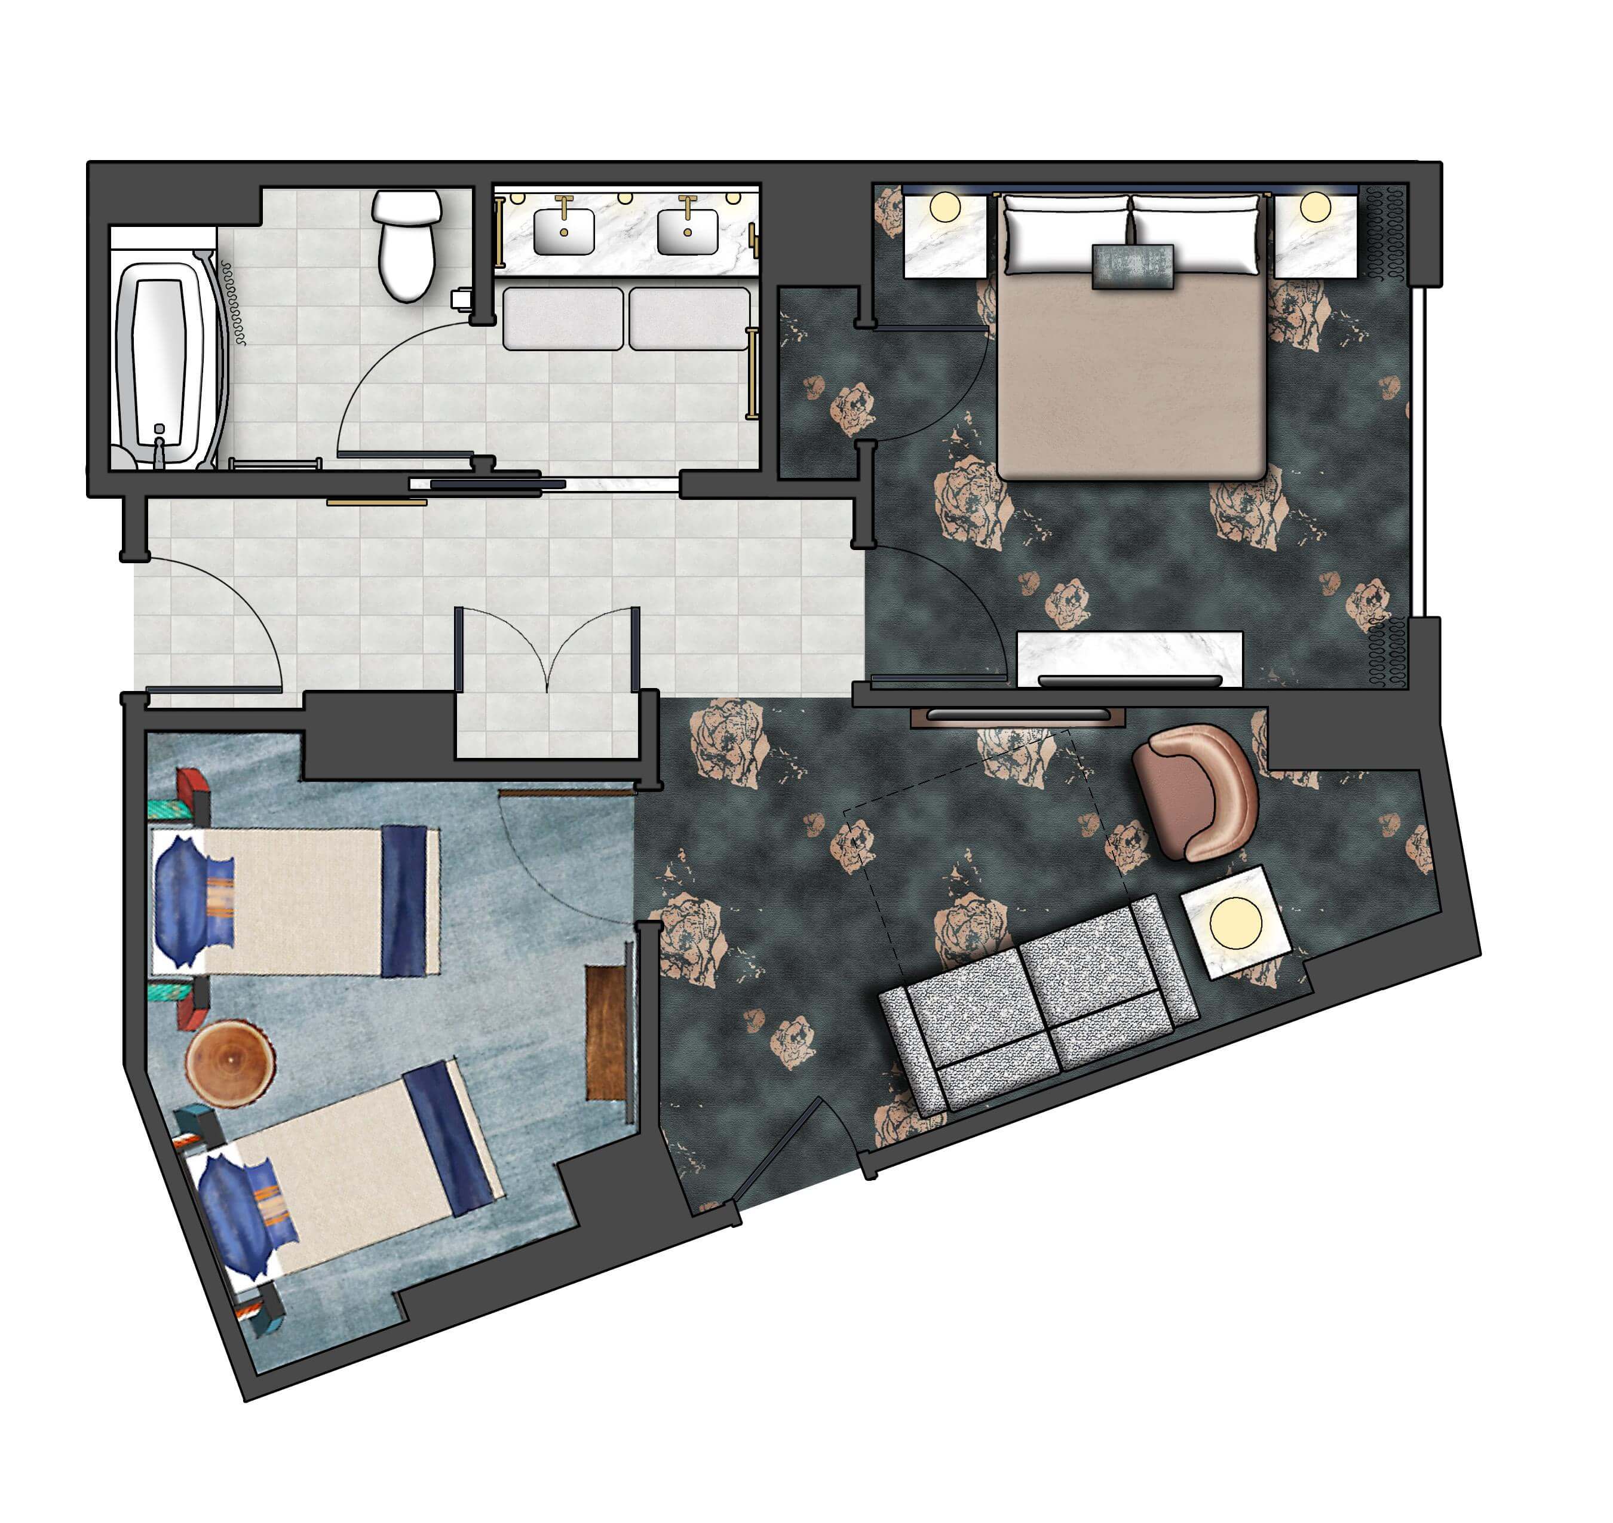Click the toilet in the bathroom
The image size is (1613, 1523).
click(407, 244)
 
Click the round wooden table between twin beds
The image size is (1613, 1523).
click(230, 1063)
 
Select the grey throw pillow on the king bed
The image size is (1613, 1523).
click(1132, 265)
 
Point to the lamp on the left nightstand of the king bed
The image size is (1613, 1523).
click(945, 207)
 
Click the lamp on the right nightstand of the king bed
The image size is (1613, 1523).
click(1315, 207)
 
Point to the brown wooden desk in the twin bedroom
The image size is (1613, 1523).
click(606, 1031)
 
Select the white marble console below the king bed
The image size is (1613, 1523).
click(1129, 658)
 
